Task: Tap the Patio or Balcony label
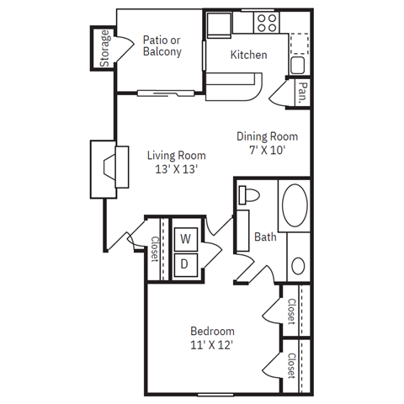pos(162,45)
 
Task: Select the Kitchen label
pos(248,55)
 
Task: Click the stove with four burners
pos(268,23)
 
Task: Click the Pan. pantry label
pos(300,92)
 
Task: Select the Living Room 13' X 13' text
pos(176,162)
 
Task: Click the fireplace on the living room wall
pos(107,168)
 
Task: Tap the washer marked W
pos(185,239)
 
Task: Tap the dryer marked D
pos(185,263)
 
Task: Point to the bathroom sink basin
pos(299,267)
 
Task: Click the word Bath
pos(265,237)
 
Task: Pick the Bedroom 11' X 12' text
pos(211,338)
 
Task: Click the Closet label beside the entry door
pos(156,250)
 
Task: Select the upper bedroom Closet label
pos(291,311)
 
